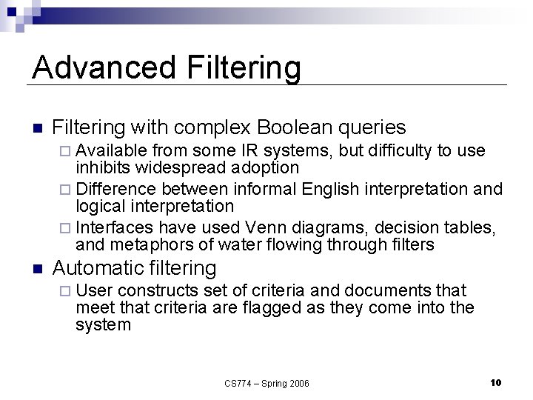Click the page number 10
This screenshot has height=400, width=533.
496,382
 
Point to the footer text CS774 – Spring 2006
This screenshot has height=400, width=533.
266,383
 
